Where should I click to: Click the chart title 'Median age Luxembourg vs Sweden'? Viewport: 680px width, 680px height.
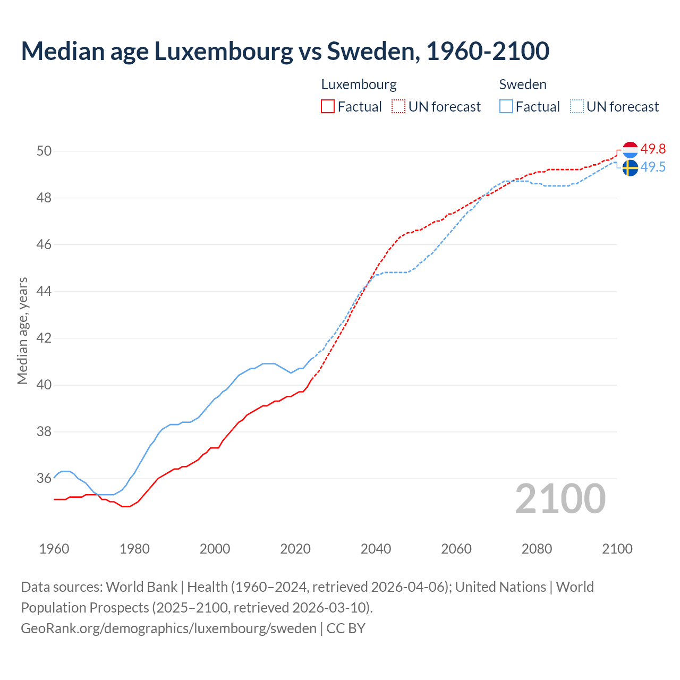[285, 51]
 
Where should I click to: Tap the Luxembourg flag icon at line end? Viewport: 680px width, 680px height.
[630, 150]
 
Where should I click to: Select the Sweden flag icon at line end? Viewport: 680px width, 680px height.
[630, 168]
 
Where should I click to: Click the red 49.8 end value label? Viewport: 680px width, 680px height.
[653, 149]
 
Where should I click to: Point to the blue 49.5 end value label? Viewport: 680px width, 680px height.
[653, 167]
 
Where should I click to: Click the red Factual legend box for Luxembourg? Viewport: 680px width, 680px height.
[328, 107]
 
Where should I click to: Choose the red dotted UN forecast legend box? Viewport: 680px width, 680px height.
[398, 107]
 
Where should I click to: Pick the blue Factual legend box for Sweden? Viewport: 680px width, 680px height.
[506, 107]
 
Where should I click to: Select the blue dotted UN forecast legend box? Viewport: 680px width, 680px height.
[577, 107]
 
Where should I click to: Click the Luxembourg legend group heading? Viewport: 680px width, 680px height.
[359, 84]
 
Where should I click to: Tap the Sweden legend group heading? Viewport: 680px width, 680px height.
[523, 84]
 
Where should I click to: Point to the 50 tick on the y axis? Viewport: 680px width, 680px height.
[44, 151]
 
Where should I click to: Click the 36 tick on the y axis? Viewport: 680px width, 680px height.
[44, 479]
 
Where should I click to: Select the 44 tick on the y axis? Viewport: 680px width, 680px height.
[44, 292]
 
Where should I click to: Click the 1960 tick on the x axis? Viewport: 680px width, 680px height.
[54, 549]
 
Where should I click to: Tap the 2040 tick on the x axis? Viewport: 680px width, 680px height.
[376, 549]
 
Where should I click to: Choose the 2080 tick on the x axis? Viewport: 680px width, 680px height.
[537, 549]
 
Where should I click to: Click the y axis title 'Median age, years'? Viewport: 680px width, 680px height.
[22, 330]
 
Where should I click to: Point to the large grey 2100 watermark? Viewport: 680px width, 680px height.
[560, 499]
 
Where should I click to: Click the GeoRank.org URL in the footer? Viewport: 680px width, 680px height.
[168, 628]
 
